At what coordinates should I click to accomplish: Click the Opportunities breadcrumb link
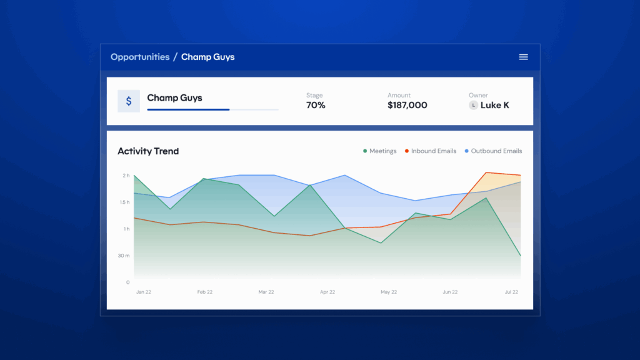140,57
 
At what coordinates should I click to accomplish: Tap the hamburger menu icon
524,57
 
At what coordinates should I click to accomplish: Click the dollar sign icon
129,101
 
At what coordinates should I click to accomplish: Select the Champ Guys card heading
174,98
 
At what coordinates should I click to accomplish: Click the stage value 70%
316,106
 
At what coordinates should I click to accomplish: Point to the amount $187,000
407,106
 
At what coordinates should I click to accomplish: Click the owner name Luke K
495,106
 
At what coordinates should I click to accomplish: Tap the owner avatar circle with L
473,106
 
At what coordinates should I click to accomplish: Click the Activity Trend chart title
148,151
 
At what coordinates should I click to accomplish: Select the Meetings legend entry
379,151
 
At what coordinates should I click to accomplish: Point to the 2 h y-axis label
126,176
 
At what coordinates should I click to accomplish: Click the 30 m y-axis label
124,256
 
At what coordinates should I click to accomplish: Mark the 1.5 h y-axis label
124,202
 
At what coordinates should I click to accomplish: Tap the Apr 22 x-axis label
327,292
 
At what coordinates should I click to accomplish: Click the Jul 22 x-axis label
511,292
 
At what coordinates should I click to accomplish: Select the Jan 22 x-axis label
144,292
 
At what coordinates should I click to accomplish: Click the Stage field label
314,96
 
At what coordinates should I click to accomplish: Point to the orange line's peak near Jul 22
486,172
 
